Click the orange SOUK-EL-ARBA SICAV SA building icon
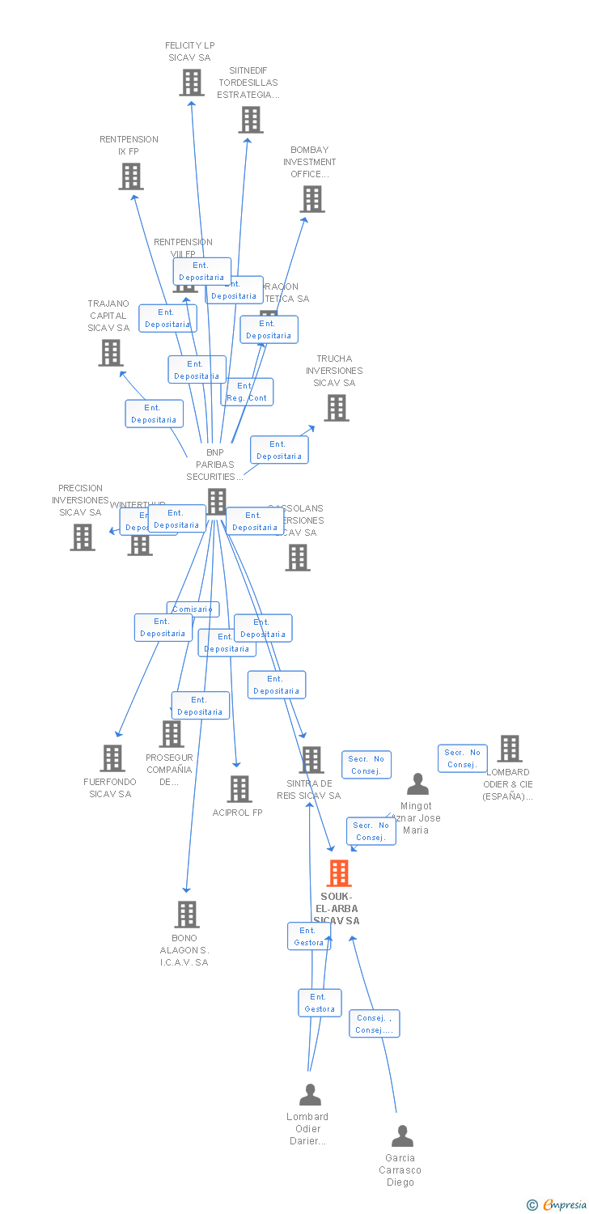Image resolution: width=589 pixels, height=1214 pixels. tap(338, 873)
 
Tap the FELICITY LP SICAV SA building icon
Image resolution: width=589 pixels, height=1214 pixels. tap(191, 83)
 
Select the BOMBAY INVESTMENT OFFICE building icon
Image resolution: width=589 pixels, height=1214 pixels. tap(312, 199)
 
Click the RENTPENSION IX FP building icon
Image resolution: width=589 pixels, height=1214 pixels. tap(131, 176)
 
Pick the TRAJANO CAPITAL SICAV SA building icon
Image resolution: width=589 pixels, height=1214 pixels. tap(111, 353)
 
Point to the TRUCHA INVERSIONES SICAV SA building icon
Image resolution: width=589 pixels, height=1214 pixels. tap(337, 408)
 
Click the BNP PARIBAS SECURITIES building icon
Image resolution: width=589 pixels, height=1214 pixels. tap(216, 502)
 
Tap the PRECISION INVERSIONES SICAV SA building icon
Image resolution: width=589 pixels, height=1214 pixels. tap(82, 537)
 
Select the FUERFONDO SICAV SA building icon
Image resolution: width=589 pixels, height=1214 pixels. tap(112, 758)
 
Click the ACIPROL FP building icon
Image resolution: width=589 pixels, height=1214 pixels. tap(239, 788)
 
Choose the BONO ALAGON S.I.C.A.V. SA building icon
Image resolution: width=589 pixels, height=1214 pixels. tap(187, 915)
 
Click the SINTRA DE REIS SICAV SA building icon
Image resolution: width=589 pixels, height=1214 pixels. tap(311, 760)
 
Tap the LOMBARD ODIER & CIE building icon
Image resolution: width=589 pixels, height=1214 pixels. tap(509, 749)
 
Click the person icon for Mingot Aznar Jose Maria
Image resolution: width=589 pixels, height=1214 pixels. tap(417, 784)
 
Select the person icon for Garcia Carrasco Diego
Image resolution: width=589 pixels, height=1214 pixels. tap(402, 1136)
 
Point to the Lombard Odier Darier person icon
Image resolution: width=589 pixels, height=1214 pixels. tap(310, 1095)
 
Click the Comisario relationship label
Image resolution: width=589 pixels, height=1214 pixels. tap(193, 609)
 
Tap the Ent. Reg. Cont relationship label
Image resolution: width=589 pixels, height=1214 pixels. tap(247, 392)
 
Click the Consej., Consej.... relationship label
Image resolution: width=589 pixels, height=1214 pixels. tap(375, 1024)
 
